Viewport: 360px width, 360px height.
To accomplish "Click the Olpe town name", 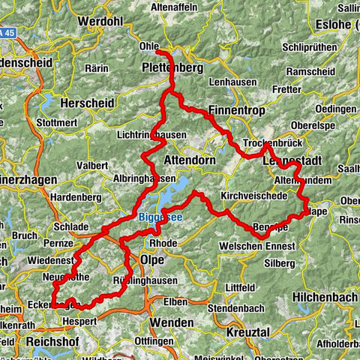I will pos(153,259).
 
